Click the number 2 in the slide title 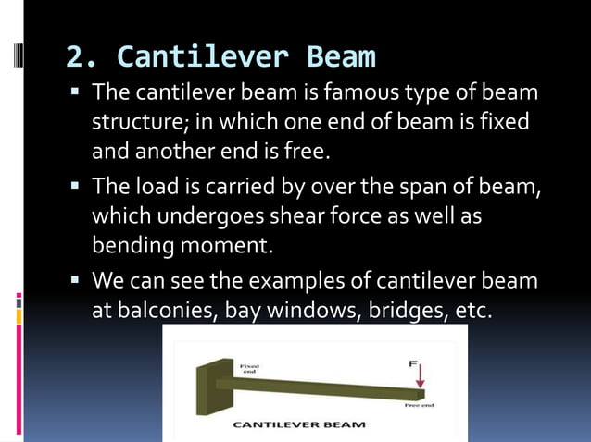(75, 57)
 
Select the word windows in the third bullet (308, 311)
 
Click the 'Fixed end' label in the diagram (249, 368)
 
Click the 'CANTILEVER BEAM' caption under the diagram (298, 425)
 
